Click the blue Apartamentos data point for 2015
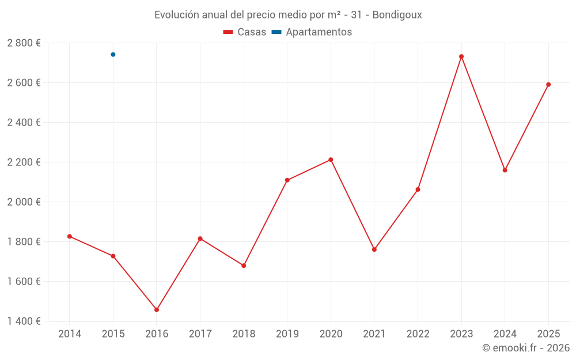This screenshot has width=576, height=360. [113, 55]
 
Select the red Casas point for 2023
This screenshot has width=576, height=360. [461, 56]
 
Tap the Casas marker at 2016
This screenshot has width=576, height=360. [157, 310]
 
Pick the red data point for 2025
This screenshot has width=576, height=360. [548, 85]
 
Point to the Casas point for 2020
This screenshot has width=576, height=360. [331, 160]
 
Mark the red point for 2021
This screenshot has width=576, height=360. [374, 249]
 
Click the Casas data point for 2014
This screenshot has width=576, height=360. [70, 236]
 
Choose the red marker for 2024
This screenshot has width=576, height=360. [505, 170]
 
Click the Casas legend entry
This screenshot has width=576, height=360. [245, 32]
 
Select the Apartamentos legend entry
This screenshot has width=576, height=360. [312, 32]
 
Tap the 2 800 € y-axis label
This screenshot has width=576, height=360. [24, 43]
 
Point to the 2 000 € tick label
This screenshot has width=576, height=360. [24, 202]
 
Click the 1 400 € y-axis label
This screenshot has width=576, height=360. [24, 321]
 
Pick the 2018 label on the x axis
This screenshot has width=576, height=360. [244, 334]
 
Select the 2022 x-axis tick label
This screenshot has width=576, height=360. [418, 334]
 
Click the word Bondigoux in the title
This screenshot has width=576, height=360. [397, 15]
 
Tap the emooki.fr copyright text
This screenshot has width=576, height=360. [526, 348]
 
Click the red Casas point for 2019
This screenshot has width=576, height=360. [287, 180]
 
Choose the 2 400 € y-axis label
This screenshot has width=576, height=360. [24, 123]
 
